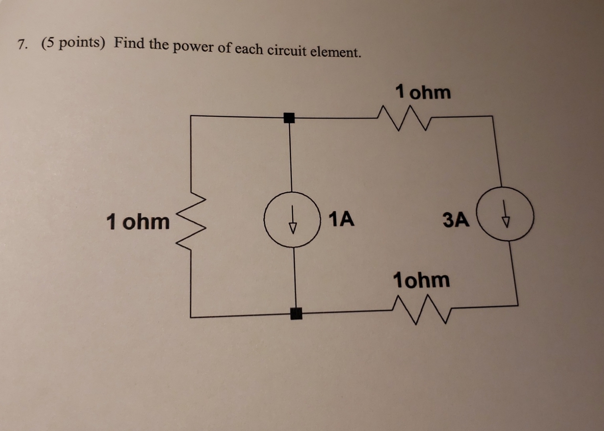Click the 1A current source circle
point(293,219)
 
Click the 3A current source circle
point(506,214)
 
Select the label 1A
point(341,219)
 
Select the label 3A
point(456,220)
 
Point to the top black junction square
point(289,118)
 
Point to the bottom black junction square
point(296,314)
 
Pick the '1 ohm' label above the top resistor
point(423,93)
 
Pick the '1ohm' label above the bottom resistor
point(422,280)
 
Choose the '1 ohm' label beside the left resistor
point(138,221)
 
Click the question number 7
point(23,43)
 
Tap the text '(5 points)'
point(73,42)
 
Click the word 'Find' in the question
point(129,43)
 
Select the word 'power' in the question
point(194,47)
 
